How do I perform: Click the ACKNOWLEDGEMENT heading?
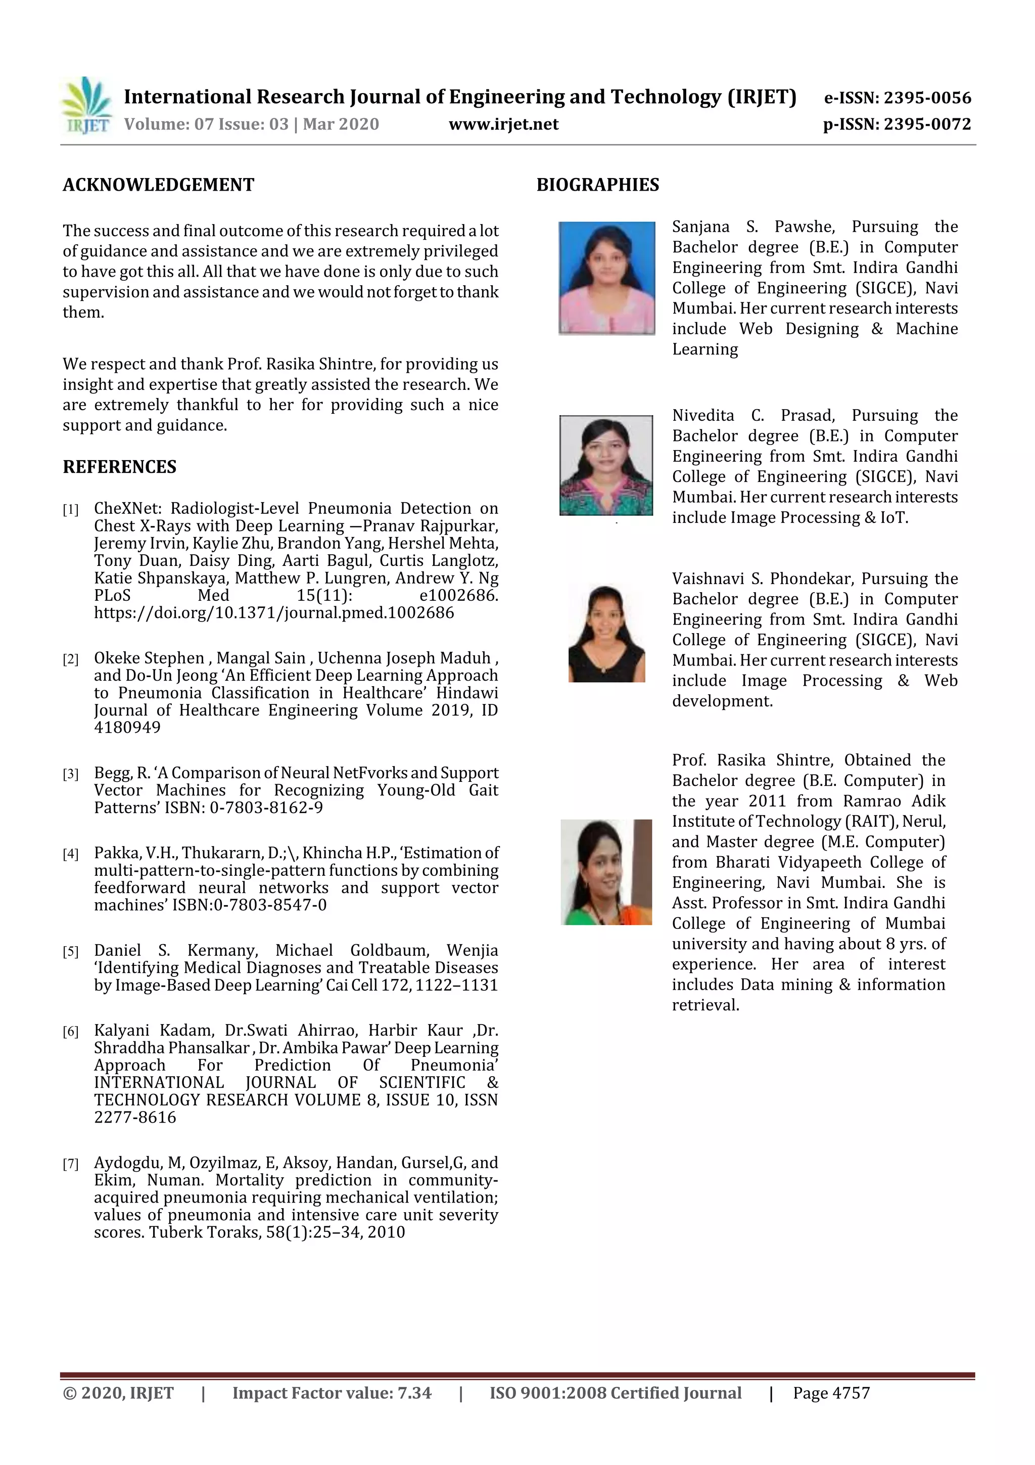(x=158, y=185)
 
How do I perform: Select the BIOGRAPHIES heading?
(x=597, y=185)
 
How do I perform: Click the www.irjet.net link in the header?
(x=503, y=124)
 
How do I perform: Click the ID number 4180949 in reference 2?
(x=127, y=728)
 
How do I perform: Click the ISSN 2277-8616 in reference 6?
(x=134, y=1117)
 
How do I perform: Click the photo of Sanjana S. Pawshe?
(x=606, y=278)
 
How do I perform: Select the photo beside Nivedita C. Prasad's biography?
(x=606, y=465)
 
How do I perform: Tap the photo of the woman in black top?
(x=606, y=634)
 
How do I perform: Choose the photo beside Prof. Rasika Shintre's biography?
(x=606, y=872)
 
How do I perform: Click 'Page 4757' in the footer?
(x=831, y=1393)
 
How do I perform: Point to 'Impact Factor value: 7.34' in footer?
(x=332, y=1393)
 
